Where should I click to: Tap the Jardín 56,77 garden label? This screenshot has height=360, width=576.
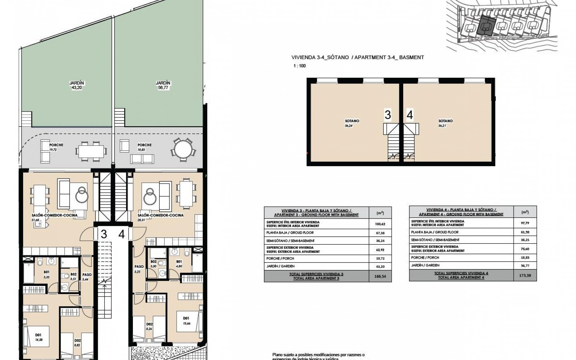click(x=163, y=85)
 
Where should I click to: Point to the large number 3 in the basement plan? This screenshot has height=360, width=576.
click(x=388, y=115)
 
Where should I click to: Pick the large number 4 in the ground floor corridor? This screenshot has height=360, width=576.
click(x=121, y=234)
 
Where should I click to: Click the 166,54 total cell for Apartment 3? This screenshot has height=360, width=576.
click(x=380, y=276)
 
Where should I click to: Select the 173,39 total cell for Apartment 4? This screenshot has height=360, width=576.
click(x=525, y=275)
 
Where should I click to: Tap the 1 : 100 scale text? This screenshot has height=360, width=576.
click(x=300, y=66)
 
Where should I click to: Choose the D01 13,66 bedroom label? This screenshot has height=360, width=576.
click(x=186, y=321)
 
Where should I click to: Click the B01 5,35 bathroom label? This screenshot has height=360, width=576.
click(x=46, y=274)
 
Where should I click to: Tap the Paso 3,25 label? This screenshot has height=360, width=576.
click(x=139, y=268)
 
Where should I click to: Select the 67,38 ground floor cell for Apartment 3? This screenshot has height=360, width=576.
click(x=380, y=233)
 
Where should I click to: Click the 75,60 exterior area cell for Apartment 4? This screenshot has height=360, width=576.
click(x=525, y=248)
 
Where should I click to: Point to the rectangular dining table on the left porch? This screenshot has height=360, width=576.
click(x=91, y=151)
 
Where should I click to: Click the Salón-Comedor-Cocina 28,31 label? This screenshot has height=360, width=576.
click(x=160, y=217)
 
